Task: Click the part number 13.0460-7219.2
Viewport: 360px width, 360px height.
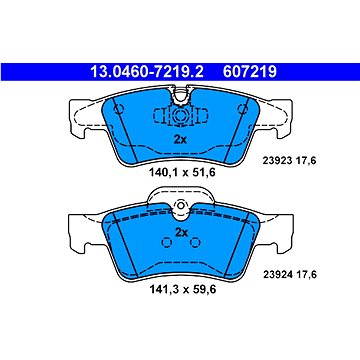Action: click(147, 72)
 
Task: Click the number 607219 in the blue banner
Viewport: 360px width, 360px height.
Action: click(250, 72)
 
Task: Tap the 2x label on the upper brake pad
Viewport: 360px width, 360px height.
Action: click(180, 140)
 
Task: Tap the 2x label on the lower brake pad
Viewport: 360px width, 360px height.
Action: click(181, 232)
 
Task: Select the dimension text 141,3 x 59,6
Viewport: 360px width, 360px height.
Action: click(182, 289)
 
